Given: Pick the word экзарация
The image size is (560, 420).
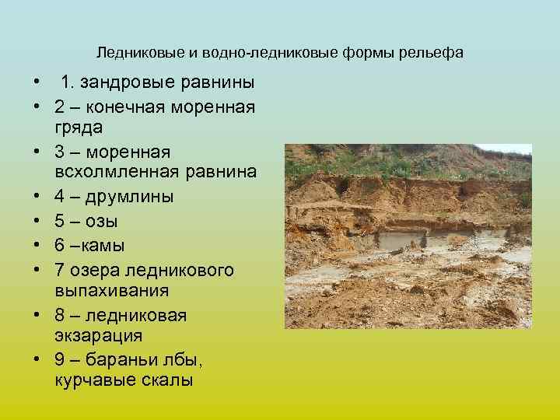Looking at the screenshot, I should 99,337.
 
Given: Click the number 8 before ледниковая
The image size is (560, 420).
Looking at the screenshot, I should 60,316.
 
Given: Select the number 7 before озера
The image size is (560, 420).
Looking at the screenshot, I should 60,269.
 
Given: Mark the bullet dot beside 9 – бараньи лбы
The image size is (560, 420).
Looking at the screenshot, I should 36,360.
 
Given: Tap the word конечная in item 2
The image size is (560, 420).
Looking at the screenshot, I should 127,106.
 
